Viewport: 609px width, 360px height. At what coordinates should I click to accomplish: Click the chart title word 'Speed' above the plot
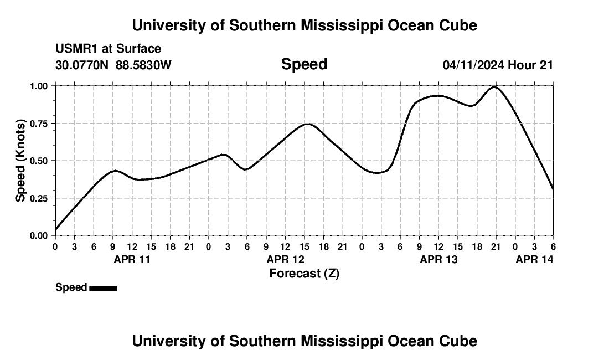pos(304,64)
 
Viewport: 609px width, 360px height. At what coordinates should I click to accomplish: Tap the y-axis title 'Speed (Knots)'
pos(20,161)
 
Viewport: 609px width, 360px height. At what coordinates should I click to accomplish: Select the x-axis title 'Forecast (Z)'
pos(304,273)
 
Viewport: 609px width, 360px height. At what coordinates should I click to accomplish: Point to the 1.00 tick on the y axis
pos(40,86)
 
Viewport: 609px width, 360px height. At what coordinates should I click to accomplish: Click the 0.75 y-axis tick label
pos(40,124)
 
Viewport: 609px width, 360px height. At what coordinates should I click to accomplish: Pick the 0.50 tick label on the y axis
pos(40,161)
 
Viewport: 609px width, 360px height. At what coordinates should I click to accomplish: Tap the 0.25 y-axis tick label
pos(40,198)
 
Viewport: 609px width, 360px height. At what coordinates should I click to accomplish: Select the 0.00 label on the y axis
pos(40,235)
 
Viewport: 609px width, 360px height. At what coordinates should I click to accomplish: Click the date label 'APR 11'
pos(132,259)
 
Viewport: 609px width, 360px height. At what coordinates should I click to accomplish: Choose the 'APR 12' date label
pos(285,259)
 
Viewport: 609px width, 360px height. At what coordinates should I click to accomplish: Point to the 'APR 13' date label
pos(438,259)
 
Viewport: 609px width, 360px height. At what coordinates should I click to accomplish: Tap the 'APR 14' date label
pos(534,259)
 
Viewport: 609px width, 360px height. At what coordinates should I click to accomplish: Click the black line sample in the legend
pos(103,288)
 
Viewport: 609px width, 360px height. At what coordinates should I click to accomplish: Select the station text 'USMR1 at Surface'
pos(108,49)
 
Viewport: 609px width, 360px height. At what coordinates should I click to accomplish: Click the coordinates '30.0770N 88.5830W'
pos(113,65)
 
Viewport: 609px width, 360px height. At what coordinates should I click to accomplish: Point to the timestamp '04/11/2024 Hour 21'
pos(498,65)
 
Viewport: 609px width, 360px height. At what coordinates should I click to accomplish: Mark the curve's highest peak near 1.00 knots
pos(494,87)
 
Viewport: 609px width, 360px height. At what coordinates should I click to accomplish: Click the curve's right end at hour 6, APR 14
pos(553,190)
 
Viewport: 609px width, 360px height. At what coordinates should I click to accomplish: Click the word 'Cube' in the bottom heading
pos(458,341)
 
